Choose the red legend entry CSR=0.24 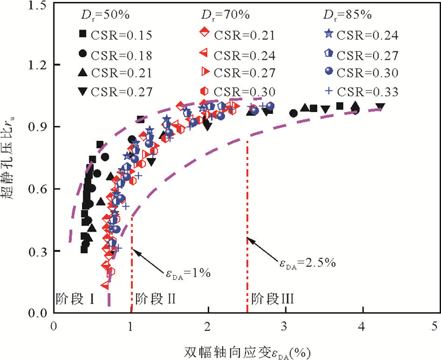(243, 54)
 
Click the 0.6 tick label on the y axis (39, 189)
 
